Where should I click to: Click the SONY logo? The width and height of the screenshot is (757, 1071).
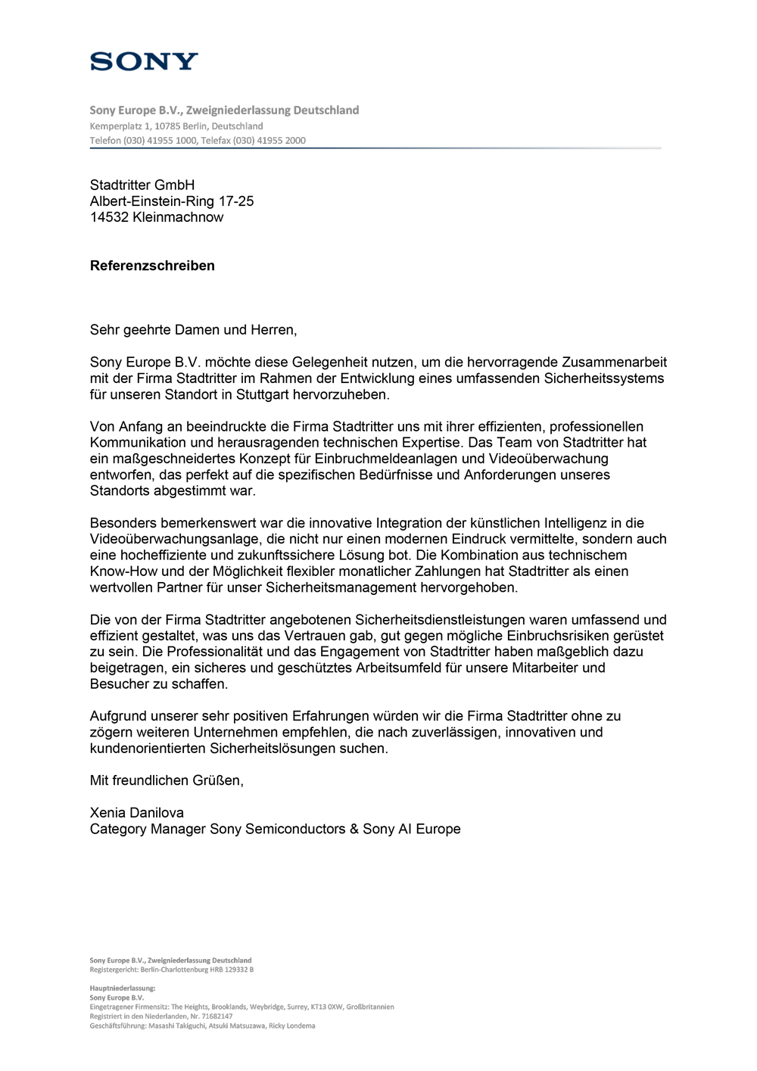pos(144,61)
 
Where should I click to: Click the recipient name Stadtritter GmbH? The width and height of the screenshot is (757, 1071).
pos(142,185)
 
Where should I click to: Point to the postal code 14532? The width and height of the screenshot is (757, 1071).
pos(109,217)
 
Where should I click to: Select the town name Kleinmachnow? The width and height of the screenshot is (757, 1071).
pos(178,217)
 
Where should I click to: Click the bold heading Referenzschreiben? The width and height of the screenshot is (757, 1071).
pos(152,266)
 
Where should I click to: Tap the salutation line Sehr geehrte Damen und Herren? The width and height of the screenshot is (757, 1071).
pos(193,330)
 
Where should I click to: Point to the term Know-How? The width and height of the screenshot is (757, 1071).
pos(121,571)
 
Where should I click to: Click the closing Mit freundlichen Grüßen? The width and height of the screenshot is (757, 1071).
pos(167,780)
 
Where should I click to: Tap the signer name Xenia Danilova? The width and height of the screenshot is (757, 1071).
pos(137,813)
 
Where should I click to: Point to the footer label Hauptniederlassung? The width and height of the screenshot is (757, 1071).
pos(122,988)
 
